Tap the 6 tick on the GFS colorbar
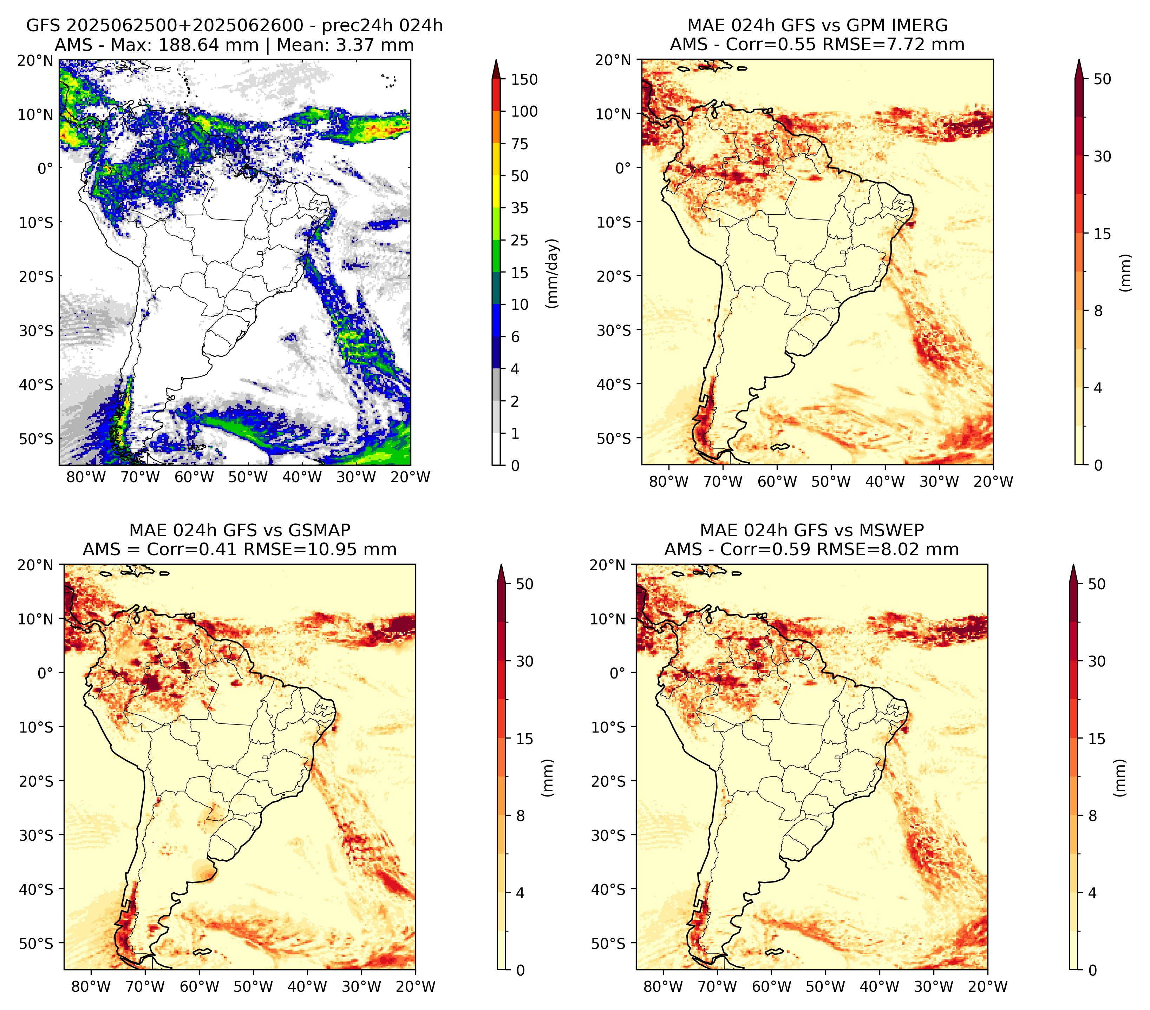pyautogui.click(x=515, y=337)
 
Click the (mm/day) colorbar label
pyautogui.click(x=553, y=273)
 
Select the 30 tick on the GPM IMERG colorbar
pyautogui.click(x=1103, y=156)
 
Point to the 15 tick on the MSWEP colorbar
pyautogui.click(x=1097, y=739)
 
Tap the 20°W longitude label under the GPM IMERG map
pyautogui.click(x=993, y=482)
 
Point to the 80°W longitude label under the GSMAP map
pyautogui.click(x=91, y=986)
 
